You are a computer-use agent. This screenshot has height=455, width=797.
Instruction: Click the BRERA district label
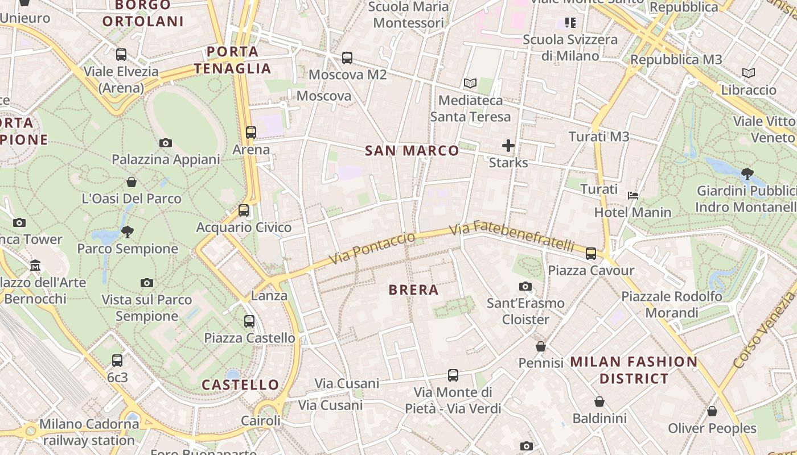tap(413, 290)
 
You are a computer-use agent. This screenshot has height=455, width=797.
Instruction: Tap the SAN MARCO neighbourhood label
tap(412, 151)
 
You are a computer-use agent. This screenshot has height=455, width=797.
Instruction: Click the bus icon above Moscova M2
tap(347, 57)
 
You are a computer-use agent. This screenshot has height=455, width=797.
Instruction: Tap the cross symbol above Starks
tap(508, 146)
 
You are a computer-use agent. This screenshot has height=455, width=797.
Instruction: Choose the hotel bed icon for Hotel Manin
tap(632, 196)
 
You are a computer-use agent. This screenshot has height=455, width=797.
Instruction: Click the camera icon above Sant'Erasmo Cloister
tap(525, 286)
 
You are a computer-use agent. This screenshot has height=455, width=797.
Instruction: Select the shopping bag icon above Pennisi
tap(541, 346)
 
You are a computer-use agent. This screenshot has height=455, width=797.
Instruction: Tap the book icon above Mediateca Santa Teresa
tap(470, 84)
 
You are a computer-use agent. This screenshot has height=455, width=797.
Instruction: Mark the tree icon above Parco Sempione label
tap(128, 231)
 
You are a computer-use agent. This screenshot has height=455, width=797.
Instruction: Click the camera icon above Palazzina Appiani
tap(166, 143)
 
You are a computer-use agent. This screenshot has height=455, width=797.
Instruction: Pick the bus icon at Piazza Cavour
tap(591, 253)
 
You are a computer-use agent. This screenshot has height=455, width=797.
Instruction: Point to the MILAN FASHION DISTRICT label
tap(634, 370)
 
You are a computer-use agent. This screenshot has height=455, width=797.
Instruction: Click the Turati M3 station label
tap(599, 136)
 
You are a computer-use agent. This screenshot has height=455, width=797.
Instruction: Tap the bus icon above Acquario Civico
tap(244, 210)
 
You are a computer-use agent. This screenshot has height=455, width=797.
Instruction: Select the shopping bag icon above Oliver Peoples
tap(712, 411)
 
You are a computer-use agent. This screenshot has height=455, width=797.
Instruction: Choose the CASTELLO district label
tap(240, 385)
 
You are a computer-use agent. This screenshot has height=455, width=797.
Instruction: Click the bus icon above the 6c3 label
tap(117, 360)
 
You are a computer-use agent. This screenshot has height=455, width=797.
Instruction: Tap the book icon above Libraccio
tap(749, 73)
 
